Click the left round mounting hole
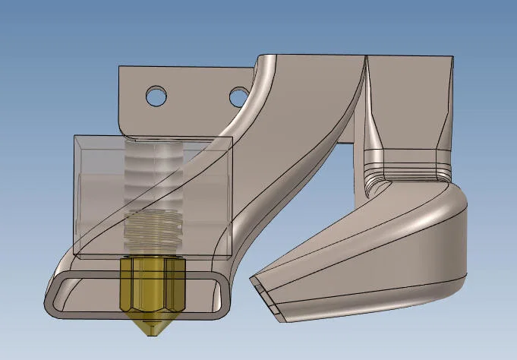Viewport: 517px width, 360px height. [156, 96]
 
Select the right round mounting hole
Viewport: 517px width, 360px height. [239, 96]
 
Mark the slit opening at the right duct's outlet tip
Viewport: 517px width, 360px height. [261, 288]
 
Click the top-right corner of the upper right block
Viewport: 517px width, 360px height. [454, 58]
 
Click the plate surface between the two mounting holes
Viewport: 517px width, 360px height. [197, 96]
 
